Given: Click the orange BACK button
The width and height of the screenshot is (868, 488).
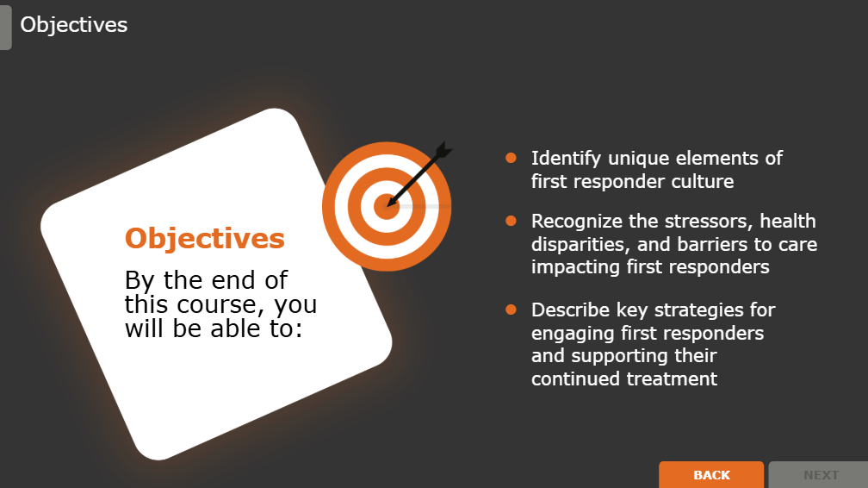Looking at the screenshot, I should [x=711, y=475].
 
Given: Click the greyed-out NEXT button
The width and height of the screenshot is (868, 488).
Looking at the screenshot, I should [x=821, y=475].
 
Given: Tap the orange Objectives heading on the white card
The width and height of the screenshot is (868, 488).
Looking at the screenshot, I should [x=205, y=238].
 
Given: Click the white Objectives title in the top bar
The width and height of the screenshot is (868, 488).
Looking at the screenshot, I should [x=74, y=25].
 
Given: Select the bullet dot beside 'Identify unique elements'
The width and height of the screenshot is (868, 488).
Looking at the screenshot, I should [x=511, y=158].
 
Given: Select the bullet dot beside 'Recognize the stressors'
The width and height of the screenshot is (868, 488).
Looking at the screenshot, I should [x=511, y=222].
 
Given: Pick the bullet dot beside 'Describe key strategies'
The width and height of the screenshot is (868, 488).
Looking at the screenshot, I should [x=511, y=310].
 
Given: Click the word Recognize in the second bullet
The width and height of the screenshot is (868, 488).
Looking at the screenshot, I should [x=573, y=222].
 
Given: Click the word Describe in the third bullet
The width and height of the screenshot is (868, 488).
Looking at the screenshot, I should [x=568, y=310].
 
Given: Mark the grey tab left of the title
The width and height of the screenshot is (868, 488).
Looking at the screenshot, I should [x=5, y=25].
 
